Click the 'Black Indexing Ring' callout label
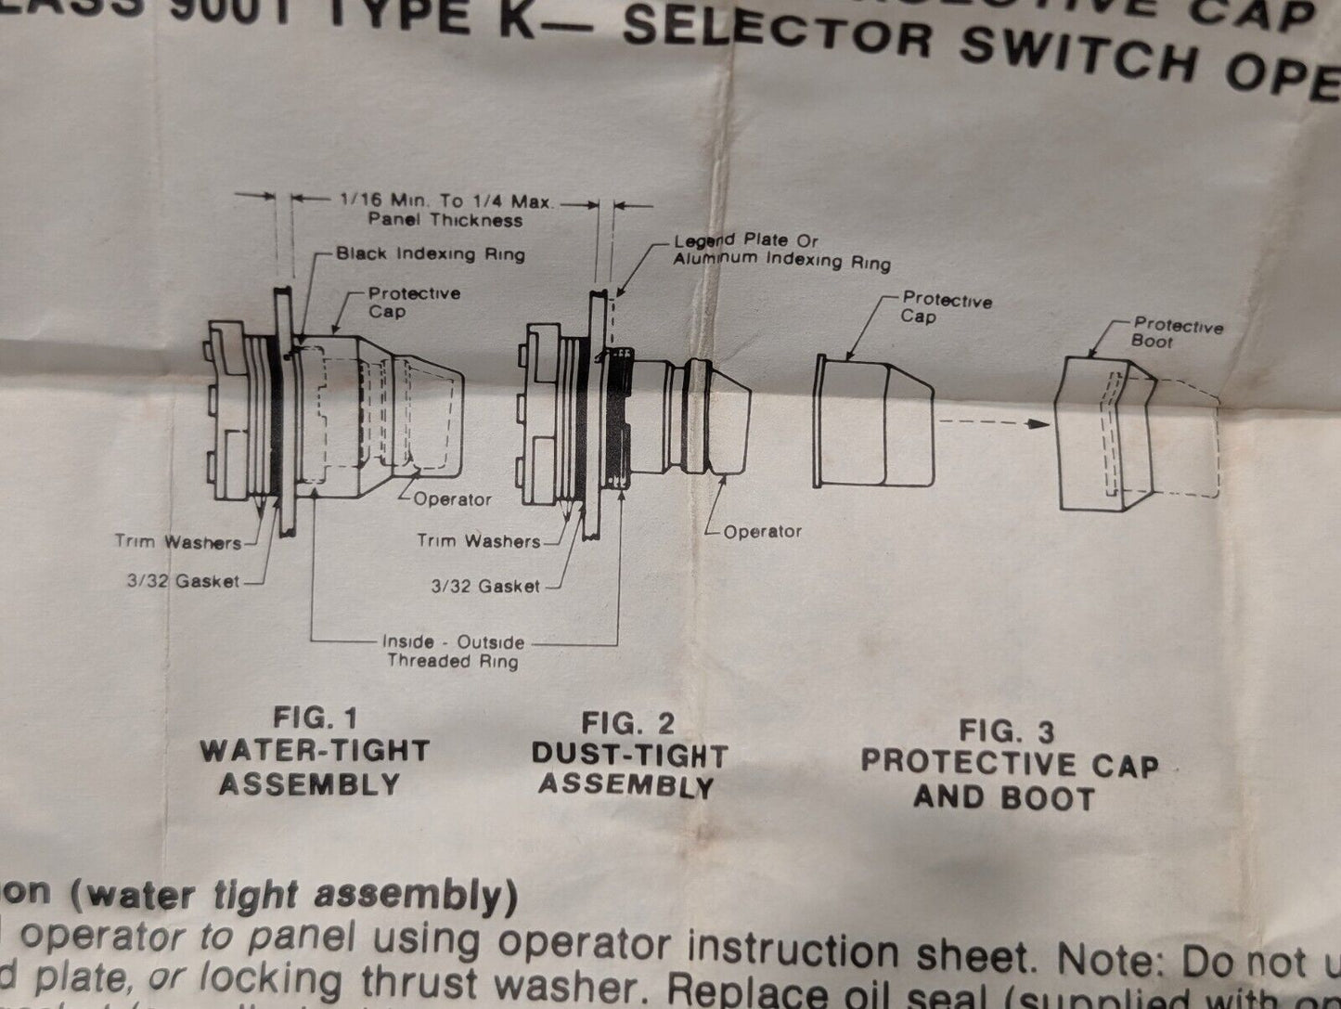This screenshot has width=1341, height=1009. pyautogui.click(x=430, y=253)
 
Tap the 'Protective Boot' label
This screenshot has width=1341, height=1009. pyautogui.click(x=1178, y=333)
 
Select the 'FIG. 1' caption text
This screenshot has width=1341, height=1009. pyautogui.click(x=315, y=718)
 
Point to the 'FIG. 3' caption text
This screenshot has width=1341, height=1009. pyautogui.click(x=1006, y=731)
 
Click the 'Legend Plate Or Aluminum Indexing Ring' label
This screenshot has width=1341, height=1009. pyautogui.click(x=781, y=252)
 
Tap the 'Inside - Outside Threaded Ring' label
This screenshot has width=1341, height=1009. pyautogui.click(x=453, y=652)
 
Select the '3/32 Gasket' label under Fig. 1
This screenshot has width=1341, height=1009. pyautogui.click(x=183, y=582)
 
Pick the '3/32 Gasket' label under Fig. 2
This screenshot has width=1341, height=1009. pyautogui.click(x=485, y=586)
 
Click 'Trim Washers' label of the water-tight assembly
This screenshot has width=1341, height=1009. pyautogui.click(x=177, y=542)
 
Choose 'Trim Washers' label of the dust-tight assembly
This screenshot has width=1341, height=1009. pyautogui.click(x=478, y=540)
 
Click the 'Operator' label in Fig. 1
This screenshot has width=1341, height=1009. pyautogui.click(x=452, y=499)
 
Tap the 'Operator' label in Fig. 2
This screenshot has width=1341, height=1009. pyautogui.click(x=762, y=532)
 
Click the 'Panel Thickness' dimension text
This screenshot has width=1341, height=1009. pyautogui.click(x=445, y=221)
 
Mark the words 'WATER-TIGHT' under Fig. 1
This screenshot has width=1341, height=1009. pyautogui.click(x=315, y=751)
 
